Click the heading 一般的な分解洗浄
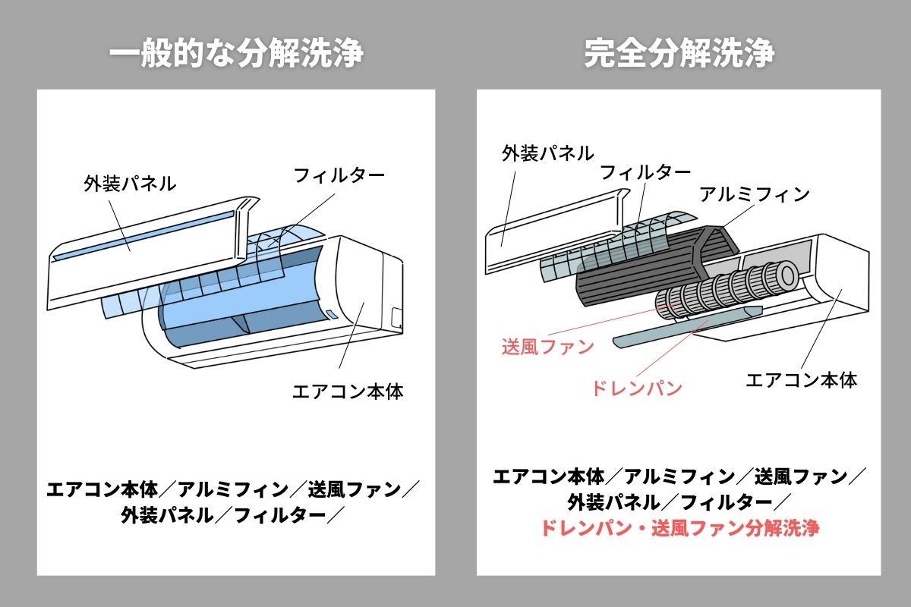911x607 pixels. [x=236, y=54]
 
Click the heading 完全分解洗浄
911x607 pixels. [x=679, y=54]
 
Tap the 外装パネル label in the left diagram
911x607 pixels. [x=130, y=183]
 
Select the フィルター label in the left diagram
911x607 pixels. [x=339, y=175]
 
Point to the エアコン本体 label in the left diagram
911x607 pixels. [x=348, y=392]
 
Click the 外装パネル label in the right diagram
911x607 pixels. [x=547, y=153]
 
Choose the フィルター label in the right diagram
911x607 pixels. [x=645, y=172]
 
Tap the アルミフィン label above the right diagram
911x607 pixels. [x=754, y=193]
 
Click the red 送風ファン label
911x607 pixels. [x=547, y=347]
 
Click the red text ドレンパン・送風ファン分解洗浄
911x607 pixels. [x=679, y=528]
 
